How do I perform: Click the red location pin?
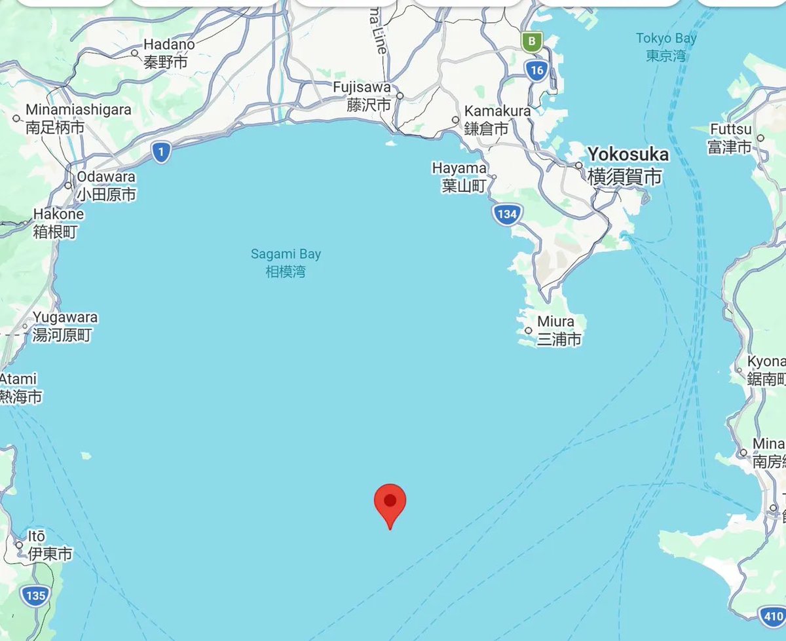(390, 503)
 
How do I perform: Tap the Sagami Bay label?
(286, 262)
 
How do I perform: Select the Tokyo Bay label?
(666, 46)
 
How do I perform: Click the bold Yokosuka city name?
(627, 155)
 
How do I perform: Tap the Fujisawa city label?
(362, 87)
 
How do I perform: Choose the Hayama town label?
(459, 169)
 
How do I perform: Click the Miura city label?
(555, 321)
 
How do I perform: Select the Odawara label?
(106, 177)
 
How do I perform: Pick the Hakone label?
(58, 214)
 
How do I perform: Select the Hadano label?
(169, 45)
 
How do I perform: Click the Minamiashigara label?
(79, 110)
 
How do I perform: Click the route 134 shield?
(506, 214)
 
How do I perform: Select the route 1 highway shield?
(160, 153)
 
